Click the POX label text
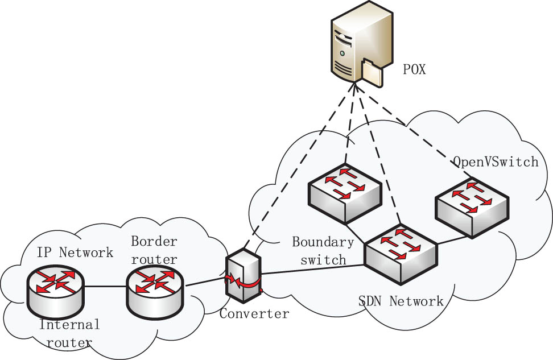[414, 70]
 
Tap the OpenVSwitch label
[495, 162]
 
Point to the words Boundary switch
[323, 250]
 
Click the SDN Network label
[401, 301]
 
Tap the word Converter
[254, 313]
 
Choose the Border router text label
[154, 249]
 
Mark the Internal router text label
[69, 333]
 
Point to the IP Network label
[75, 252]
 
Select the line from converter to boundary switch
[313, 269]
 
